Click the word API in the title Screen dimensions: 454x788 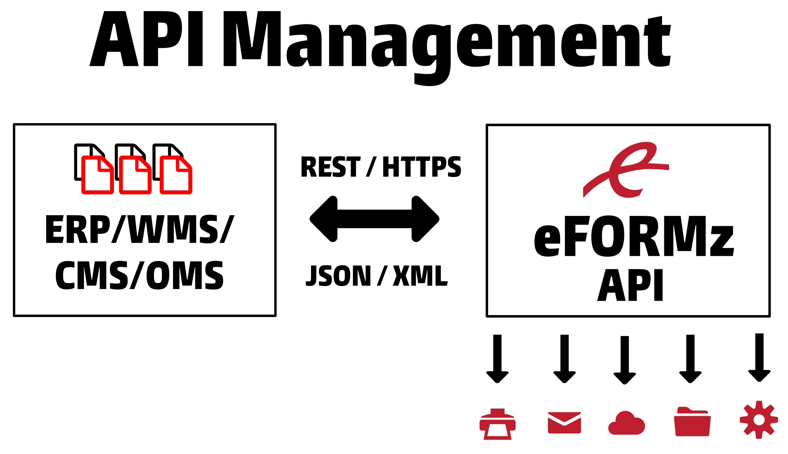pyautogui.click(x=146, y=39)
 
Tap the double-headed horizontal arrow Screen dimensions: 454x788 pyautogui.click(x=375, y=219)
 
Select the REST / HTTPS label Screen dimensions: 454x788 pyautogui.click(x=381, y=167)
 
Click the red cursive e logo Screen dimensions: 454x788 pyautogui.click(x=625, y=170)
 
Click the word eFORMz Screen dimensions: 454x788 pyautogui.click(x=634, y=237)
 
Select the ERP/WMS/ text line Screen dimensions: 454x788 pyautogui.click(x=140, y=229)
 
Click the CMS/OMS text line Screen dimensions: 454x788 pyautogui.click(x=139, y=275)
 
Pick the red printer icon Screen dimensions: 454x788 pyautogui.click(x=498, y=424)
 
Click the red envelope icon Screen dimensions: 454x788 pyautogui.click(x=564, y=423)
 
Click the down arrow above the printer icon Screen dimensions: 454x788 pyautogui.click(x=498, y=358)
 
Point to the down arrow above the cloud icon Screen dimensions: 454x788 pyautogui.click(x=625, y=360)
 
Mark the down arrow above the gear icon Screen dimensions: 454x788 pyautogui.click(x=760, y=358)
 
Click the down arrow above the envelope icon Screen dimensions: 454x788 pyautogui.click(x=565, y=358)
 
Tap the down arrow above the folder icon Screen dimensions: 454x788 pyautogui.click(x=690, y=358)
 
